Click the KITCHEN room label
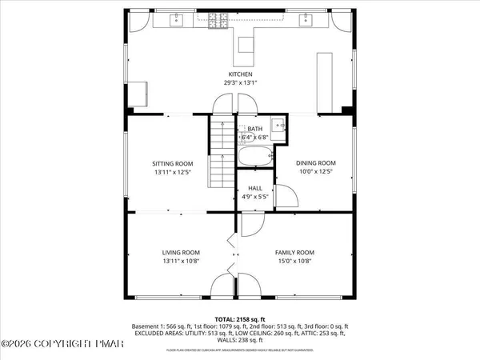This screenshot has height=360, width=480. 240,74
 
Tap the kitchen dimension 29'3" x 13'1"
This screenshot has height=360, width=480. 240,82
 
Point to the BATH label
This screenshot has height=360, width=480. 254,129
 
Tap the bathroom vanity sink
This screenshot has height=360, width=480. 277,125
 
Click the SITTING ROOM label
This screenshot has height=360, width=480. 174,163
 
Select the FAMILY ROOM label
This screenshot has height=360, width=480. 294,252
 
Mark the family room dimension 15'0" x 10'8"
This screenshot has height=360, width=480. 294,260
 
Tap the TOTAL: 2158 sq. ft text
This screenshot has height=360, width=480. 240,318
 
